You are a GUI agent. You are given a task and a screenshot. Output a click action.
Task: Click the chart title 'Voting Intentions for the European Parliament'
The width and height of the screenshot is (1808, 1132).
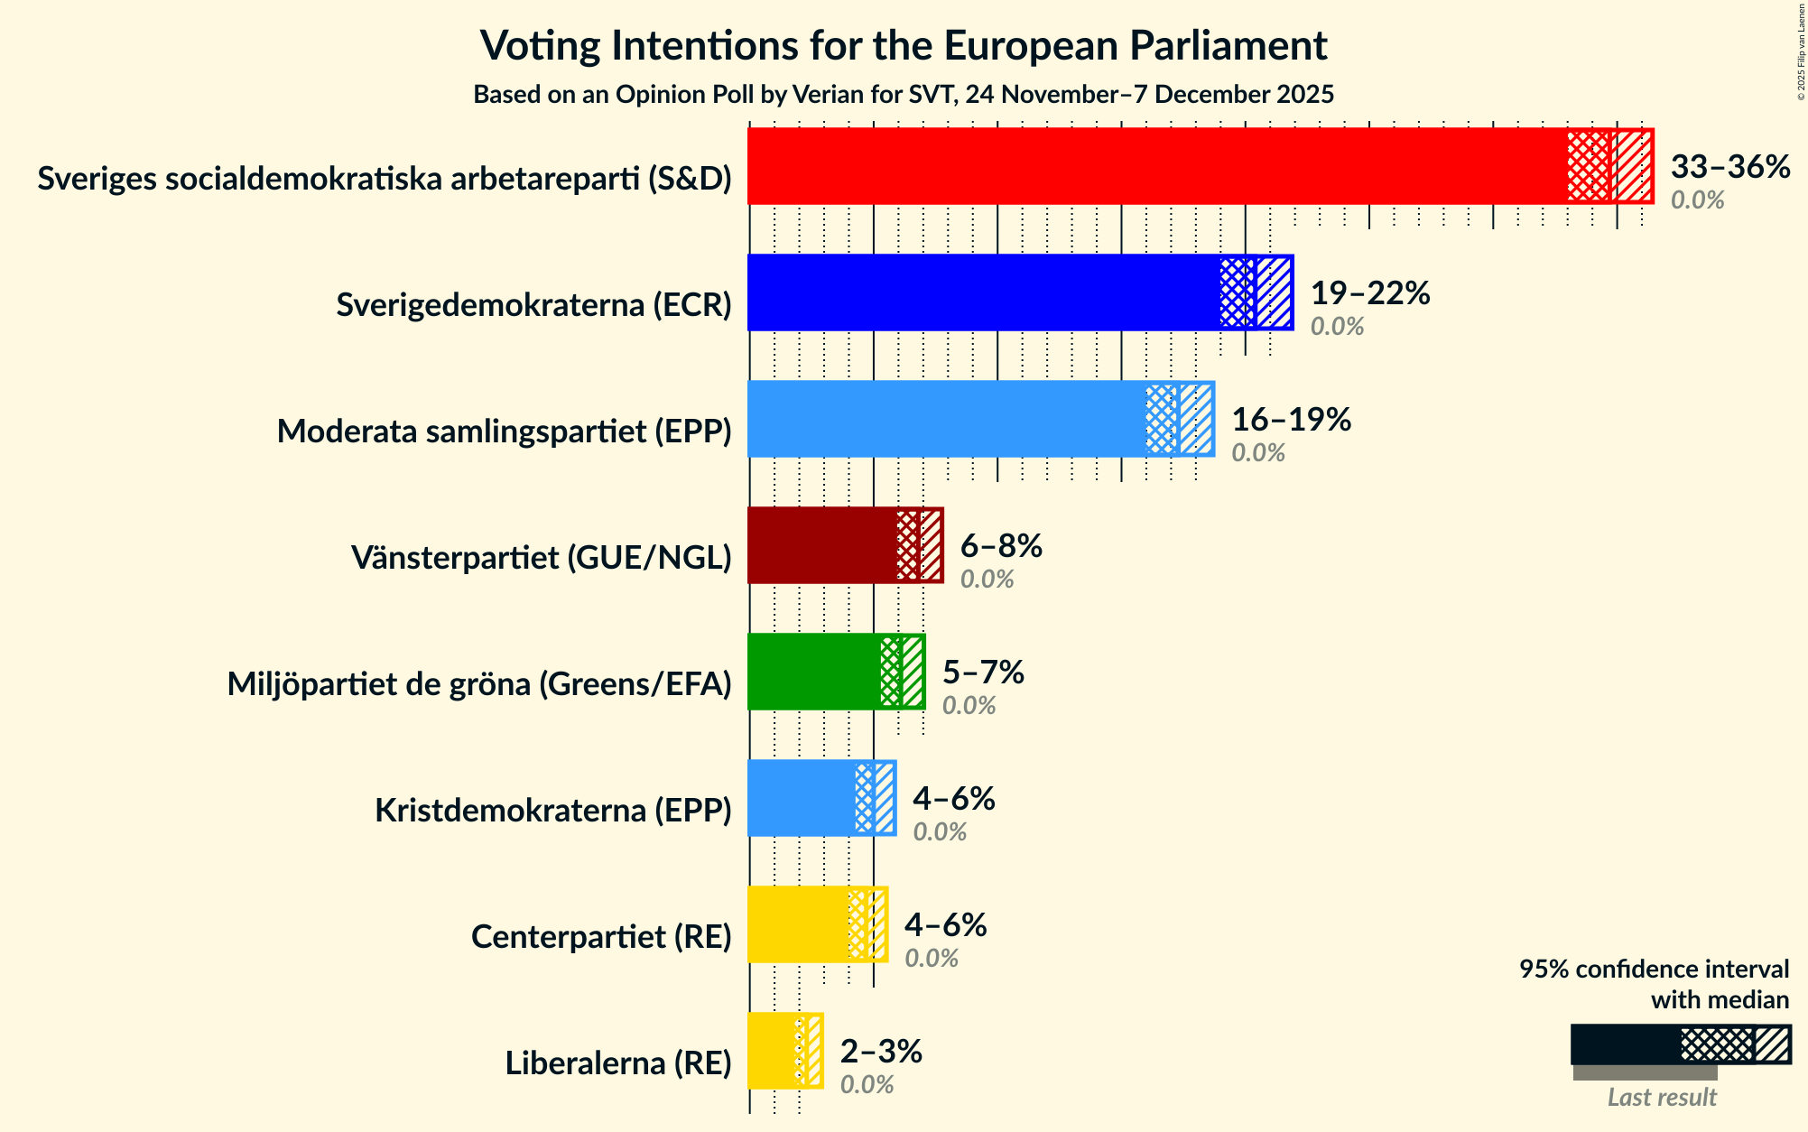pos(903,45)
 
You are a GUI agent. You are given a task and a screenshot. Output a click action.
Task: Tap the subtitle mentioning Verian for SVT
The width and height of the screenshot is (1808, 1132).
pos(903,95)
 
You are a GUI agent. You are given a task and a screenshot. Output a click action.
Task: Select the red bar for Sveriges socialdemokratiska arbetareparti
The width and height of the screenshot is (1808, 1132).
pos(1155,166)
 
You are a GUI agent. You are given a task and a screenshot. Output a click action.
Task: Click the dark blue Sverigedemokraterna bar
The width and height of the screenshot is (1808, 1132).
pos(984,292)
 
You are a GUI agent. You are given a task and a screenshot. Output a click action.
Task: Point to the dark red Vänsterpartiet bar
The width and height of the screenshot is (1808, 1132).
pos(821,545)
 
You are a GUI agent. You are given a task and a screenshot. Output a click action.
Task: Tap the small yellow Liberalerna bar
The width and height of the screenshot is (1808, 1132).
pos(772,1051)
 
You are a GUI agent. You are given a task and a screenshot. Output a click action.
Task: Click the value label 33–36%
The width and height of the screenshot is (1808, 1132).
pos(1729,167)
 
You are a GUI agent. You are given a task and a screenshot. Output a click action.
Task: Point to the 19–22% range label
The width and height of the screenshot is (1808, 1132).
pos(1369,293)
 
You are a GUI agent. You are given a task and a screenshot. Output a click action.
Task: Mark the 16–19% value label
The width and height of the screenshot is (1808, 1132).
pos(1291,420)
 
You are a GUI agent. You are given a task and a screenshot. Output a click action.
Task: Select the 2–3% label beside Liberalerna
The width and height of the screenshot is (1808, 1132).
pos(880,1052)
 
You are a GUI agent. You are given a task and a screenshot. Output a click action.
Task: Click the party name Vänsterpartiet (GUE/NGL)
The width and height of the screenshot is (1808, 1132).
pos(541,558)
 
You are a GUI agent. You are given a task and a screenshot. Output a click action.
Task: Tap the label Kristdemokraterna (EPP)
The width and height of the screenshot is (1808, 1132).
pos(552,811)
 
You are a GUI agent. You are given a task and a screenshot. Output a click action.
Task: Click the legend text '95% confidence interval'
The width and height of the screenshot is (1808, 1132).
pos(1653,970)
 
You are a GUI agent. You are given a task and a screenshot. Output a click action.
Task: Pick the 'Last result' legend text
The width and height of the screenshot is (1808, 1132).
pos(1661,1097)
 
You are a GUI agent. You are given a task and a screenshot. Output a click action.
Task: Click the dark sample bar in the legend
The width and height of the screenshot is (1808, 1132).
pos(1625,1044)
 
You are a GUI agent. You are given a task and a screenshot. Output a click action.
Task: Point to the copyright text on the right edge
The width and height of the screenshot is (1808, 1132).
pos(1801,51)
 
